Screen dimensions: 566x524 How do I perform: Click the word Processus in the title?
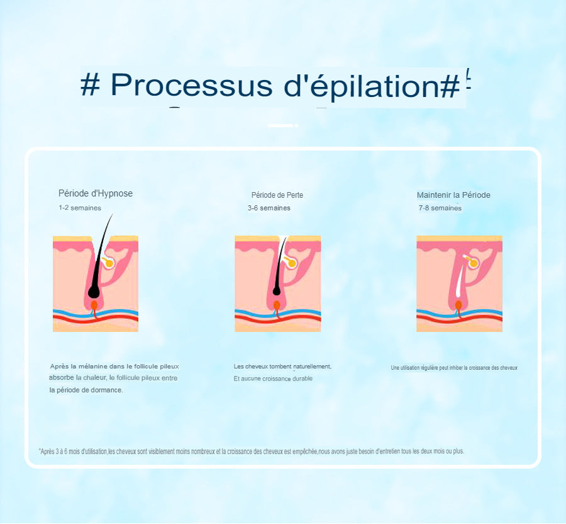pyautogui.click(x=191, y=85)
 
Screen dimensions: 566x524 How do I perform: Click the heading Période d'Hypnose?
pyautogui.click(x=96, y=194)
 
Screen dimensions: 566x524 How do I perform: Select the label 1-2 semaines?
pyautogui.click(x=80, y=208)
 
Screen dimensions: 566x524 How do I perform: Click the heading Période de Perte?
pyautogui.click(x=277, y=195)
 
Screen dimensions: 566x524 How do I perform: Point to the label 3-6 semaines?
pyautogui.click(x=269, y=208)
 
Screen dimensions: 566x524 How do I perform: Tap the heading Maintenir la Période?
pyautogui.click(x=453, y=195)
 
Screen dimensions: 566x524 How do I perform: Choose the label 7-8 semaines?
pyautogui.click(x=440, y=208)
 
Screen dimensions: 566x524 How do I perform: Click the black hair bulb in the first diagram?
pyautogui.click(x=94, y=291)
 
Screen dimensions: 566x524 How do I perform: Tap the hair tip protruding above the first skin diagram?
pyautogui.click(x=113, y=215)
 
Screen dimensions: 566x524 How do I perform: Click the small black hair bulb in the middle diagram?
pyautogui.click(x=277, y=290)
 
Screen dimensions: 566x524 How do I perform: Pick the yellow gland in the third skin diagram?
pyautogui.click(x=472, y=262)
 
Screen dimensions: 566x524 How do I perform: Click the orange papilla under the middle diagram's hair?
pyautogui.click(x=277, y=306)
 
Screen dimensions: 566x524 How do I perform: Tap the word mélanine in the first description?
pyautogui.click(x=93, y=367)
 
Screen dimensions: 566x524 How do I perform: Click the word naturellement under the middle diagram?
pyautogui.click(x=312, y=367)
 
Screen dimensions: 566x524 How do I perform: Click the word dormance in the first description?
pyautogui.click(x=108, y=390)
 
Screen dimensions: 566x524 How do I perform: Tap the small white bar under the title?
pyautogui.click(x=281, y=125)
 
